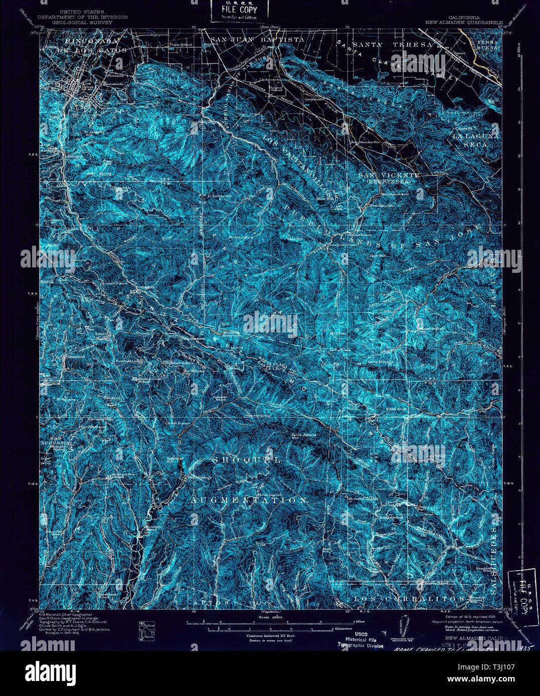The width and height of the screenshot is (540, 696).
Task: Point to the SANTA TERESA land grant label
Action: tap(392, 45)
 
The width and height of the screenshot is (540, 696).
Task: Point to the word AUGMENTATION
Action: tap(248, 500)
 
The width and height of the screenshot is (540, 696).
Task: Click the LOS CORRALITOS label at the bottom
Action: tap(409, 599)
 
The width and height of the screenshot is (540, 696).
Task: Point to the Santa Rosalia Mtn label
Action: tap(304, 436)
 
